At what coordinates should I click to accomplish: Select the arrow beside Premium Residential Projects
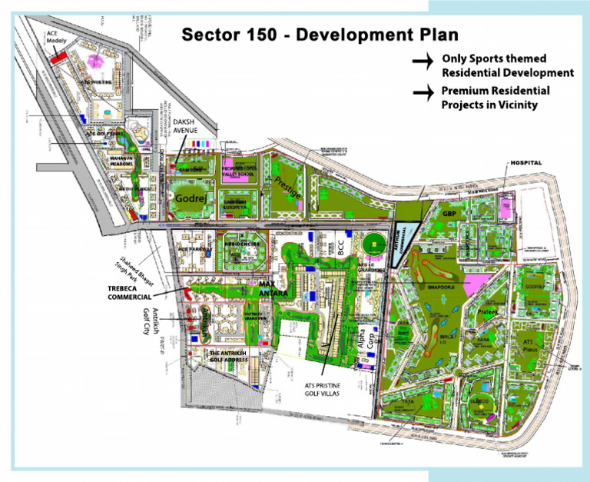click(422, 93)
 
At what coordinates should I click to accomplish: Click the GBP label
click(449, 213)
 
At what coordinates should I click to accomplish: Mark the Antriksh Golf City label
click(151, 321)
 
